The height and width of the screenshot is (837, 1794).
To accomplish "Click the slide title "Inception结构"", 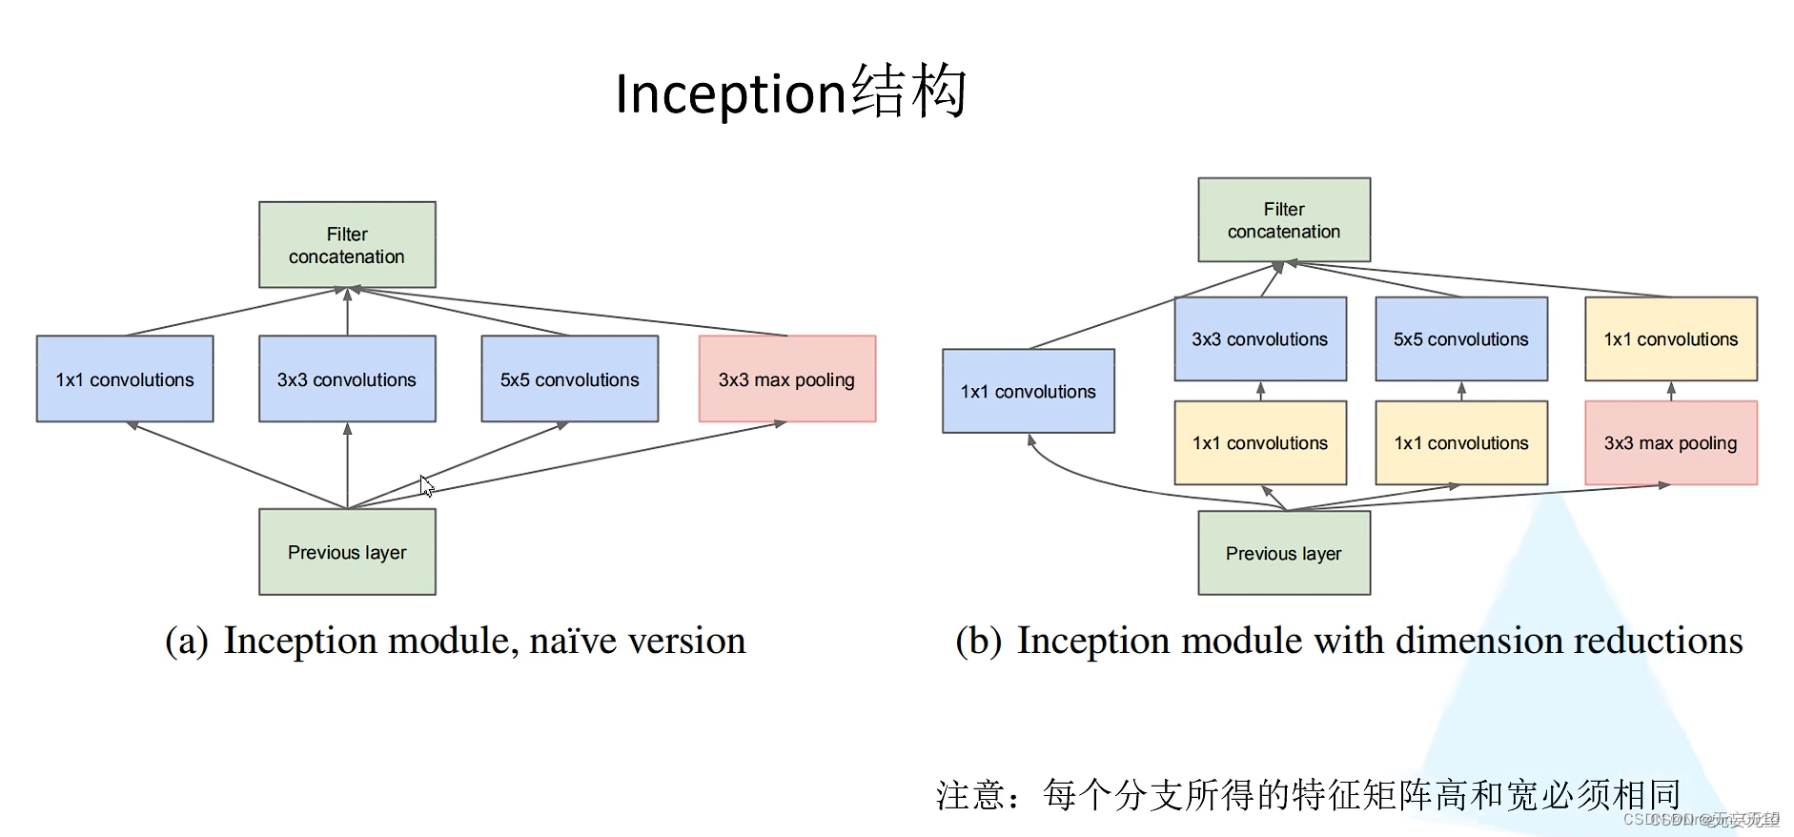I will click(790, 92).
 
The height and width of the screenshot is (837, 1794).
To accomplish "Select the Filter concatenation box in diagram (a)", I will click(347, 245).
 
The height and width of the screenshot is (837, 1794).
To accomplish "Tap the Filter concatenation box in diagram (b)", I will click(1283, 220).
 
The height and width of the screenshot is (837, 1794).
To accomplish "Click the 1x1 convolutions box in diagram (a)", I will click(125, 379).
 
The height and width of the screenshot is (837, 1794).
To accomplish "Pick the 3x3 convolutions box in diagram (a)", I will click(347, 379).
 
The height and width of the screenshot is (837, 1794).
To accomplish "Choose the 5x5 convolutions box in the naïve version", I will click(569, 379).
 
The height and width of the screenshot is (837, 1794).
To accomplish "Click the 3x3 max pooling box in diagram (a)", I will click(786, 379).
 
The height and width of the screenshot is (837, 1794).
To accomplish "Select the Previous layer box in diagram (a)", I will click(347, 552).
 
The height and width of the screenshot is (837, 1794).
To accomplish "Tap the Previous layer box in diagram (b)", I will click(1283, 553).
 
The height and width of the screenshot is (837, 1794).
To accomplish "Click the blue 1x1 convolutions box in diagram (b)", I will click(1028, 391).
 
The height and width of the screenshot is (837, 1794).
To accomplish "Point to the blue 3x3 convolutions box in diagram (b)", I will click(1259, 339).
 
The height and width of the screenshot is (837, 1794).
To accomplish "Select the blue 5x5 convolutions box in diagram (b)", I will click(1460, 339).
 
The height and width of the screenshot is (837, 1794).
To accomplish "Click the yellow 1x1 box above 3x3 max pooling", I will click(1670, 339).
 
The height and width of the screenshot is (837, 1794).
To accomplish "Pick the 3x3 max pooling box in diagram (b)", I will click(1670, 443).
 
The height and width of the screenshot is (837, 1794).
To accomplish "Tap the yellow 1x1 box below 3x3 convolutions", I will click(1259, 443).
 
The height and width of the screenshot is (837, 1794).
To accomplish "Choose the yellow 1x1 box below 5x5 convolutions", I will click(1460, 443).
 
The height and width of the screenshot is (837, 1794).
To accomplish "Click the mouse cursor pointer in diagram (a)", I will click(426, 485).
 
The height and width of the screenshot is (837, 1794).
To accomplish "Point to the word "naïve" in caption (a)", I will click(572, 642).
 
